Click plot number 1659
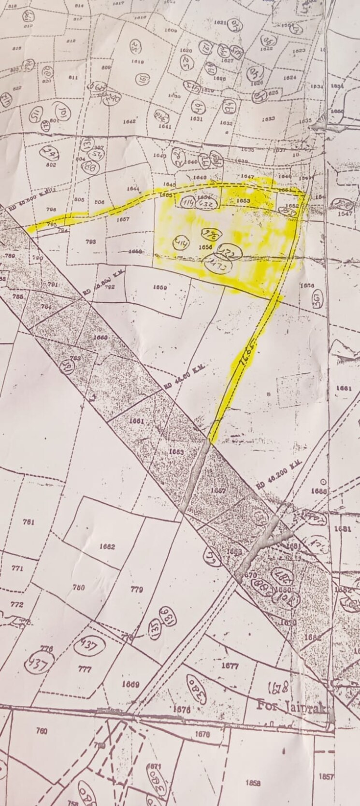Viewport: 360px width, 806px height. point(159,287)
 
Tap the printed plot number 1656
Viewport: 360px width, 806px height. point(206,246)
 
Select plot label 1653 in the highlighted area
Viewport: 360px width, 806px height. point(243,200)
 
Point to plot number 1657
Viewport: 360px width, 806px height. point(123,219)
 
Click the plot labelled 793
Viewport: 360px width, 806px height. point(90,241)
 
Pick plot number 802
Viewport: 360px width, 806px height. point(51,165)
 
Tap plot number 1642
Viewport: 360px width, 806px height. point(129,122)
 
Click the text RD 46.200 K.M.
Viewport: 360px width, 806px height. point(279,471)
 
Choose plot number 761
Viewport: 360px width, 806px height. point(29,522)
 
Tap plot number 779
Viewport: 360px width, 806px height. point(137,589)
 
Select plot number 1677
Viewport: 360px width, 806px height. point(230,666)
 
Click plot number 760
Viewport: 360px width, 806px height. point(42,731)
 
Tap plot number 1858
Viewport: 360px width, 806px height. point(253,783)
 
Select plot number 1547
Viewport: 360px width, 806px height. point(345,213)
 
